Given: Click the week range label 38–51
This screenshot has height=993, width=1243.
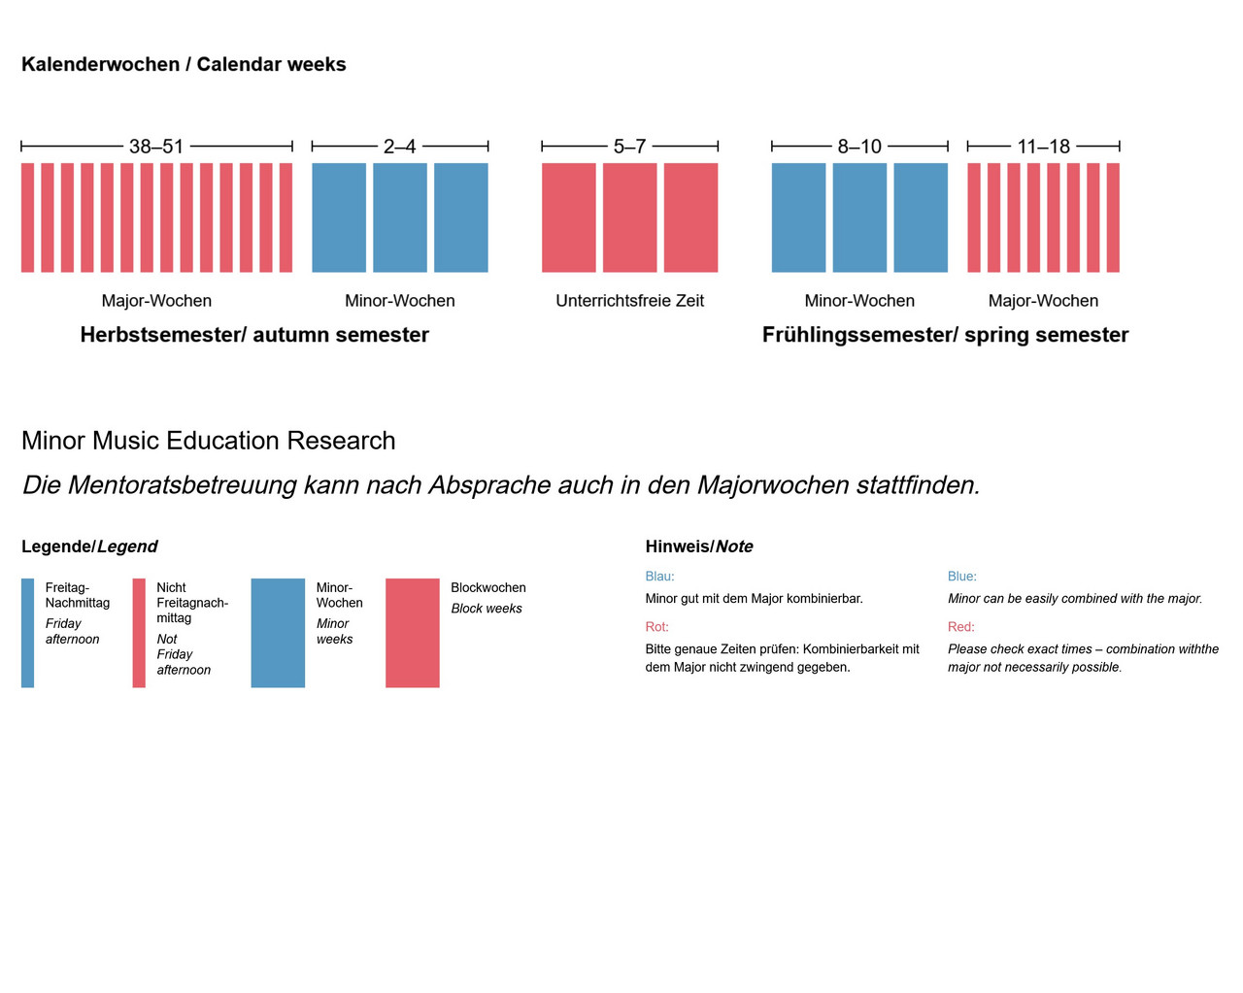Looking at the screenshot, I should [x=156, y=147].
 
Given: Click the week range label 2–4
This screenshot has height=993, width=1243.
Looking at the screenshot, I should [x=399, y=147].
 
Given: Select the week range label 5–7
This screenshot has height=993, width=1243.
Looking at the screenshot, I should [x=629, y=147].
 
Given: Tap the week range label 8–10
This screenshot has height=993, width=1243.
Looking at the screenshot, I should [x=859, y=147].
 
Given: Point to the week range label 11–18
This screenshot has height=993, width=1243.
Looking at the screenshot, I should [x=1043, y=147].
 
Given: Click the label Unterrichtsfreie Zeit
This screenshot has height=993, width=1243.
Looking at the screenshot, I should [x=629, y=301].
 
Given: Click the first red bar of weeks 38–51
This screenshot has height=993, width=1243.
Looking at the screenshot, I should [x=28, y=217].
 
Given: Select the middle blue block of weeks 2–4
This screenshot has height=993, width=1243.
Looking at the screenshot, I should [x=399, y=217].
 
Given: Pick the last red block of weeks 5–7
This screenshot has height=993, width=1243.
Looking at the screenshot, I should [x=690, y=217].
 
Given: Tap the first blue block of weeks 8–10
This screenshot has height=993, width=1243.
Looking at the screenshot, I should [x=798, y=217].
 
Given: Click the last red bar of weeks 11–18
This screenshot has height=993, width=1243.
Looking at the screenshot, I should [x=1113, y=217].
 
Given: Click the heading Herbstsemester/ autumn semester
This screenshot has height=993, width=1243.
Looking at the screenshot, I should [x=254, y=335].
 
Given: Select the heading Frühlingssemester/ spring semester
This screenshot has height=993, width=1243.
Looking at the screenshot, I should [x=945, y=335].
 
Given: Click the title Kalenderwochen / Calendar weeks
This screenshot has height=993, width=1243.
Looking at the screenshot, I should [x=184, y=64].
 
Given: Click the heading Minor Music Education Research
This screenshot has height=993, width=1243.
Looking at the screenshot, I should [x=208, y=441].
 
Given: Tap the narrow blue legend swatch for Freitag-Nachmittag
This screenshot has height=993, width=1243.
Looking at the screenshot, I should [x=28, y=633].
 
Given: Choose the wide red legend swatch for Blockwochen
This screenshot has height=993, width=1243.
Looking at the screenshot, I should [x=412, y=633].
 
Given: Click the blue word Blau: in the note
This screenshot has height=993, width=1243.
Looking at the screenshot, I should [x=659, y=577].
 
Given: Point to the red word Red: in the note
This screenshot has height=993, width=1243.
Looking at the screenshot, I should [x=960, y=627].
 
